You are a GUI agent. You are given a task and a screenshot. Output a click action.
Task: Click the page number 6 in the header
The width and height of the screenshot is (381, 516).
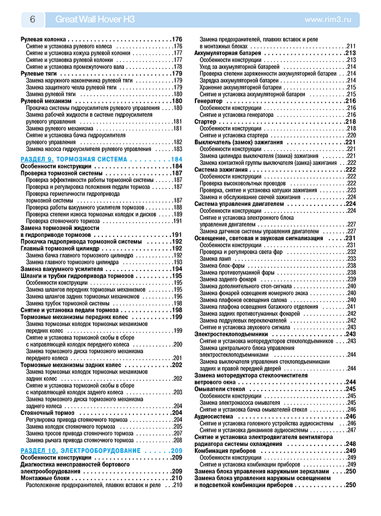[32, 20]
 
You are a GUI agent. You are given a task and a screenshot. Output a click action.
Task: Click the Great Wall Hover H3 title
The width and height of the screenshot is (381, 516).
[95, 20]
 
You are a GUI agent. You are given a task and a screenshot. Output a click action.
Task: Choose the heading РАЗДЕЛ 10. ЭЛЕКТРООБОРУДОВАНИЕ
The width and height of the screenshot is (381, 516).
[80, 451]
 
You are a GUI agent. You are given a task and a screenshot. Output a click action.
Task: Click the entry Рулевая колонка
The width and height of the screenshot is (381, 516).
[43, 40]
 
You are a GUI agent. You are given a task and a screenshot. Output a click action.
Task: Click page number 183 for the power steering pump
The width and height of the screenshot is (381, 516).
[177, 149]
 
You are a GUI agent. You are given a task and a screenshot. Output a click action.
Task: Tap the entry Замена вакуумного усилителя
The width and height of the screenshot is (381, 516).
[63, 269]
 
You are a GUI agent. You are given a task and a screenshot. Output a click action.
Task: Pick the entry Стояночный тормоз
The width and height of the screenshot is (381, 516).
[47, 413]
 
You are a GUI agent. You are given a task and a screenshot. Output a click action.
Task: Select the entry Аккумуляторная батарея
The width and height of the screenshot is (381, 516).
[229, 53]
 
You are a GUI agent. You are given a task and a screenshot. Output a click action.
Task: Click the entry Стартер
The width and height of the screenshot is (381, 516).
[206, 122]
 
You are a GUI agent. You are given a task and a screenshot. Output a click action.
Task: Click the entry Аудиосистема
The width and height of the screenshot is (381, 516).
[214, 416]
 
